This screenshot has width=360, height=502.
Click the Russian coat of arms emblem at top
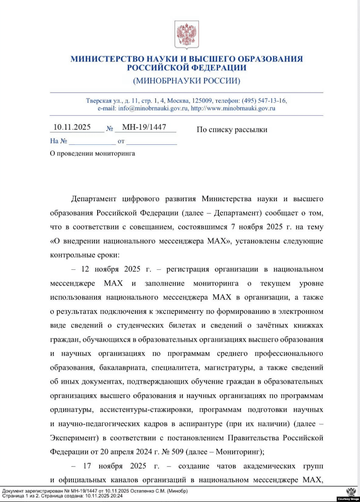point(186,34)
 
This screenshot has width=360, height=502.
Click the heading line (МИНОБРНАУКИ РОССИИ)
point(186,81)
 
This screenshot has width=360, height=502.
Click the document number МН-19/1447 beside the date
point(144,128)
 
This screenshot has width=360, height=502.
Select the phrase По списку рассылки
point(232,129)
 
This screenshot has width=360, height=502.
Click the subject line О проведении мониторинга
point(92,154)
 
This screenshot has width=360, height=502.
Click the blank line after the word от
point(151,141)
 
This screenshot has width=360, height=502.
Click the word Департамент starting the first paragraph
point(98,199)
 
